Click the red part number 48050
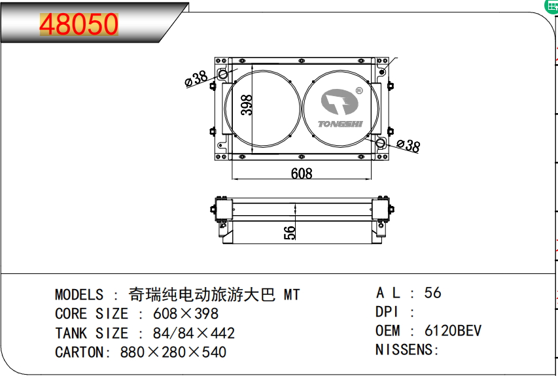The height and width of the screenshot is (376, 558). (x=79, y=25)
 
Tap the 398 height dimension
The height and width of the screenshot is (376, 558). (x=247, y=105)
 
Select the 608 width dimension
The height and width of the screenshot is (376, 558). (x=302, y=173)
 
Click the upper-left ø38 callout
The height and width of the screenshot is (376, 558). (x=196, y=78)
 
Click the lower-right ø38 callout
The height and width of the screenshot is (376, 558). (x=408, y=146)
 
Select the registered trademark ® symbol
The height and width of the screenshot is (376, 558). (x=358, y=91)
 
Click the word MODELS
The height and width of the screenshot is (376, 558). (x=79, y=295)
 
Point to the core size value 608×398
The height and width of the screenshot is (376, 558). (x=186, y=314)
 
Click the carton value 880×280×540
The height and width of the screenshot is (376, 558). (x=173, y=352)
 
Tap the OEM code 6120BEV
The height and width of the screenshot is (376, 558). (x=453, y=330)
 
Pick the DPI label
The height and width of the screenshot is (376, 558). (x=387, y=312)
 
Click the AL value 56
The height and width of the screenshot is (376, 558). (x=433, y=292)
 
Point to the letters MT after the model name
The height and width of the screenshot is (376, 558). (x=291, y=295)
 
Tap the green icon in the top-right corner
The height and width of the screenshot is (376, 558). (x=551, y=5)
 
